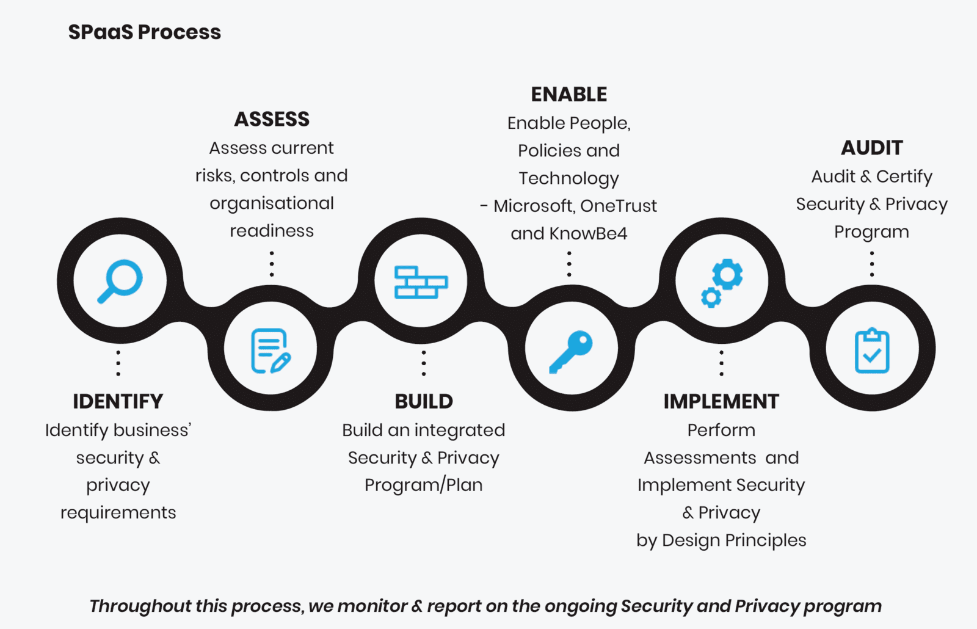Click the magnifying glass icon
point(120,281)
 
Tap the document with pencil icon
point(271,351)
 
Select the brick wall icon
point(421,282)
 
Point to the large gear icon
point(727,274)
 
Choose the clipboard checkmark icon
point(872,351)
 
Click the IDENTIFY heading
point(118,401)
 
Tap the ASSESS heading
point(272,119)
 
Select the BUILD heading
point(424,401)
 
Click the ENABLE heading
point(569,95)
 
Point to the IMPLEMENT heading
point(721,401)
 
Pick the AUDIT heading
point(872,148)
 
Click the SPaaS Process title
point(145,32)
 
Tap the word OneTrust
point(619,206)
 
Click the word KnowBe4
point(588,233)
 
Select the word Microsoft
point(533,206)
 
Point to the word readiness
point(272,231)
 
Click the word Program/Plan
point(424,485)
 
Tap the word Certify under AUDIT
point(904,176)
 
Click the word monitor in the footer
point(372,606)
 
